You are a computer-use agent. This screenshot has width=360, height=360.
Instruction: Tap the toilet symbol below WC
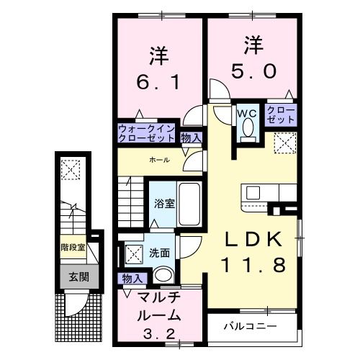246,130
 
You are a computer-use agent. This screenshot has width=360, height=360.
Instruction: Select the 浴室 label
164,204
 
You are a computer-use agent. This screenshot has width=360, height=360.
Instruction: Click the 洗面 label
160,253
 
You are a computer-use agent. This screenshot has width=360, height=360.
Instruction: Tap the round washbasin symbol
163,275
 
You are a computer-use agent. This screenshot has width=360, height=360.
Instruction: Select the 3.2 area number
152,335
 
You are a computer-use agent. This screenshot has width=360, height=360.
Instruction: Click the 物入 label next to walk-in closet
191,137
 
